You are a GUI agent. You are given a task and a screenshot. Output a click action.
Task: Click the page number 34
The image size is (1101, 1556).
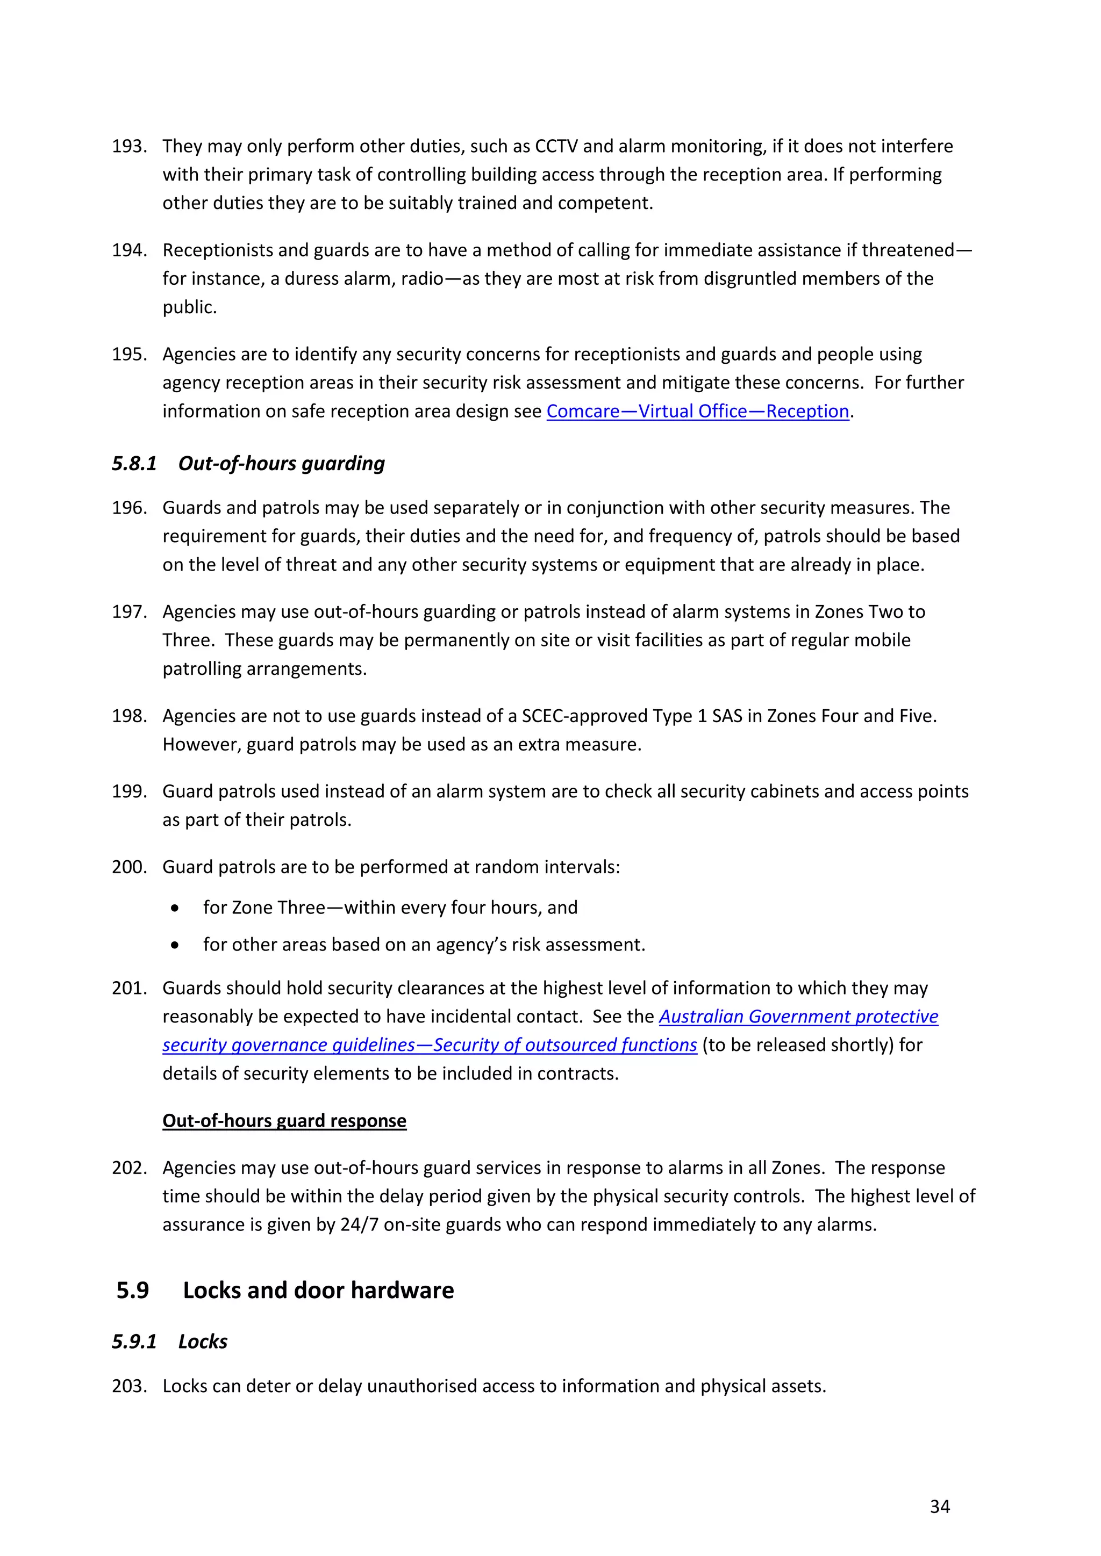pyautogui.click(x=939, y=1507)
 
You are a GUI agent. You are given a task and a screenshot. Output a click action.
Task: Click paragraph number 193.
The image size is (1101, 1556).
pyautogui.click(x=129, y=146)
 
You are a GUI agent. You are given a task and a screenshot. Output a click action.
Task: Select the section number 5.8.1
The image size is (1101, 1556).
pyautogui.click(x=134, y=464)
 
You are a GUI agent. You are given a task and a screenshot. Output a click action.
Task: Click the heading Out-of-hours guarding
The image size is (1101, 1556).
pyautogui.click(x=281, y=464)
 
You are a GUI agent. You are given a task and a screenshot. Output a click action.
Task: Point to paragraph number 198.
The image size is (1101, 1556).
pyautogui.click(x=129, y=716)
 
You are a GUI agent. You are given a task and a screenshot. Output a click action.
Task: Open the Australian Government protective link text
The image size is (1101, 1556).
pyautogui.click(x=798, y=1017)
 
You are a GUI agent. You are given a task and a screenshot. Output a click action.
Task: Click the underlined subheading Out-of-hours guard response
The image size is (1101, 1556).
pyautogui.click(x=284, y=1121)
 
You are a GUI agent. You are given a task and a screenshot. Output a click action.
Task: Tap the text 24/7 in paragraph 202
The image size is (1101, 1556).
pyautogui.click(x=359, y=1225)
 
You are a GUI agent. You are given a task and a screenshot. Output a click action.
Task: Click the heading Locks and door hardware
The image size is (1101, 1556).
pyautogui.click(x=318, y=1291)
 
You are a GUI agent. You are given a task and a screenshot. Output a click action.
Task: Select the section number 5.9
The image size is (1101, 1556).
pyautogui.click(x=133, y=1291)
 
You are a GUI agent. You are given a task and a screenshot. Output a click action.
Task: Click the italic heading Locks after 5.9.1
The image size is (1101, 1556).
pyautogui.click(x=203, y=1342)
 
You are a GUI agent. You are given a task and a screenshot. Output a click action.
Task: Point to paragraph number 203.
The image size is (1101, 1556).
pyautogui.click(x=129, y=1387)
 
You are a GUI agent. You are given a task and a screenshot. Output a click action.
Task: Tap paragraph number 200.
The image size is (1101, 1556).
pyautogui.click(x=129, y=867)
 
